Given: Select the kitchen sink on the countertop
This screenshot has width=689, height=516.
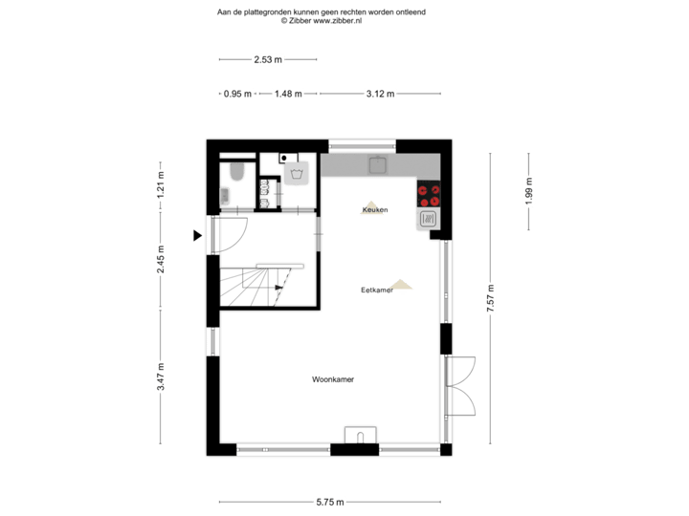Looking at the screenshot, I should pyautogui.click(x=379, y=163).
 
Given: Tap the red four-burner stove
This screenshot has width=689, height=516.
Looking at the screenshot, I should pyautogui.click(x=429, y=196).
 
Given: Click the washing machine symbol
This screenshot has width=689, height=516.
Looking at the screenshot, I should pyautogui.click(x=298, y=174).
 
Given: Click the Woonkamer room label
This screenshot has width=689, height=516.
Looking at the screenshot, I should pyautogui.click(x=333, y=379).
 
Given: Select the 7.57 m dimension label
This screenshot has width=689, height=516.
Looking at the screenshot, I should pyautogui.click(x=490, y=298).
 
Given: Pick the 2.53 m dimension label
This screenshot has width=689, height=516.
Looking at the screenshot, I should pyautogui.click(x=267, y=59).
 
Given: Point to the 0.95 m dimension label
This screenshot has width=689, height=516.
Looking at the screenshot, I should pyautogui.click(x=236, y=94).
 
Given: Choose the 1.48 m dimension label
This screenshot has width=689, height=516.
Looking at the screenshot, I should pyautogui.click(x=288, y=94).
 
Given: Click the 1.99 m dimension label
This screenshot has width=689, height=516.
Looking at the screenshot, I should pyautogui.click(x=529, y=192).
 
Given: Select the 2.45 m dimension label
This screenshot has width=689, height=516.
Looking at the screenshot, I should pyautogui.click(x=161, y=258).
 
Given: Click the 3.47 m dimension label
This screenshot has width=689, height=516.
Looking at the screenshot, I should pyautogui.click(x=161, y=375).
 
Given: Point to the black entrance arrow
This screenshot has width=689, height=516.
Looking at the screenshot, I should pyautogui.click(x=197, y=235).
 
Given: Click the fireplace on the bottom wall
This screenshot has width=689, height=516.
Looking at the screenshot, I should pyautogui.click(x=361, y=436).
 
